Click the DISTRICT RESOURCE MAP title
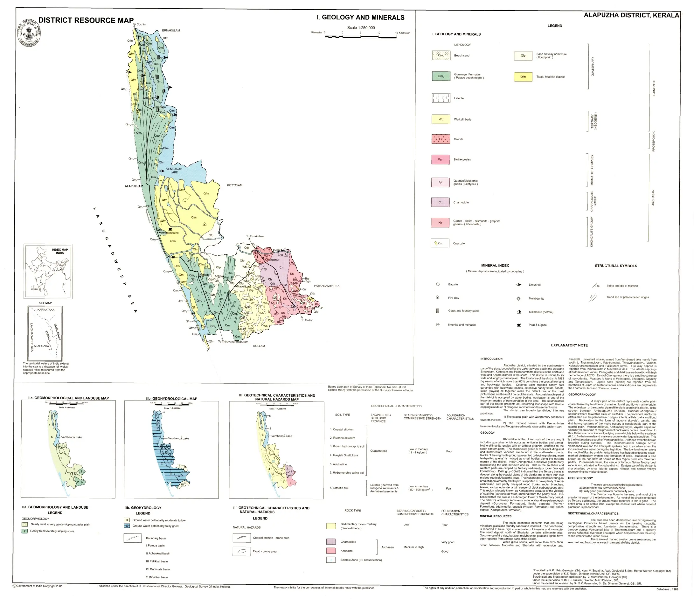click(86, 20)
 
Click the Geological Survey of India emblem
click(30, 33)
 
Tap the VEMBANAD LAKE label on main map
click(174, 171)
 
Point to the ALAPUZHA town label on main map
click(133, 186)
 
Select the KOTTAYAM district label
click(234, 185)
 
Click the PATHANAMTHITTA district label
click(327, 286)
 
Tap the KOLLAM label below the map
click(259, 346)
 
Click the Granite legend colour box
click(441, 139)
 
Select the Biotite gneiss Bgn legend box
click(441, 159)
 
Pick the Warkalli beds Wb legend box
click(441, 119)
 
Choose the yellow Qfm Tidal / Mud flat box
click(523, 77)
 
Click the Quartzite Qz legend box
click(440, 243)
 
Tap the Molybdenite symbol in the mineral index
click(518, 298)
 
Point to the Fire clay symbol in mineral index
click(437, 297)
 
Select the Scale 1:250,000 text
click(361, 28)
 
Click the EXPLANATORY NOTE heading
click(569, 345)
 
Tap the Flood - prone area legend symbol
click(241, 551)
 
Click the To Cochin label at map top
click(139, 24)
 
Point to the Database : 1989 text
click(667, 589)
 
